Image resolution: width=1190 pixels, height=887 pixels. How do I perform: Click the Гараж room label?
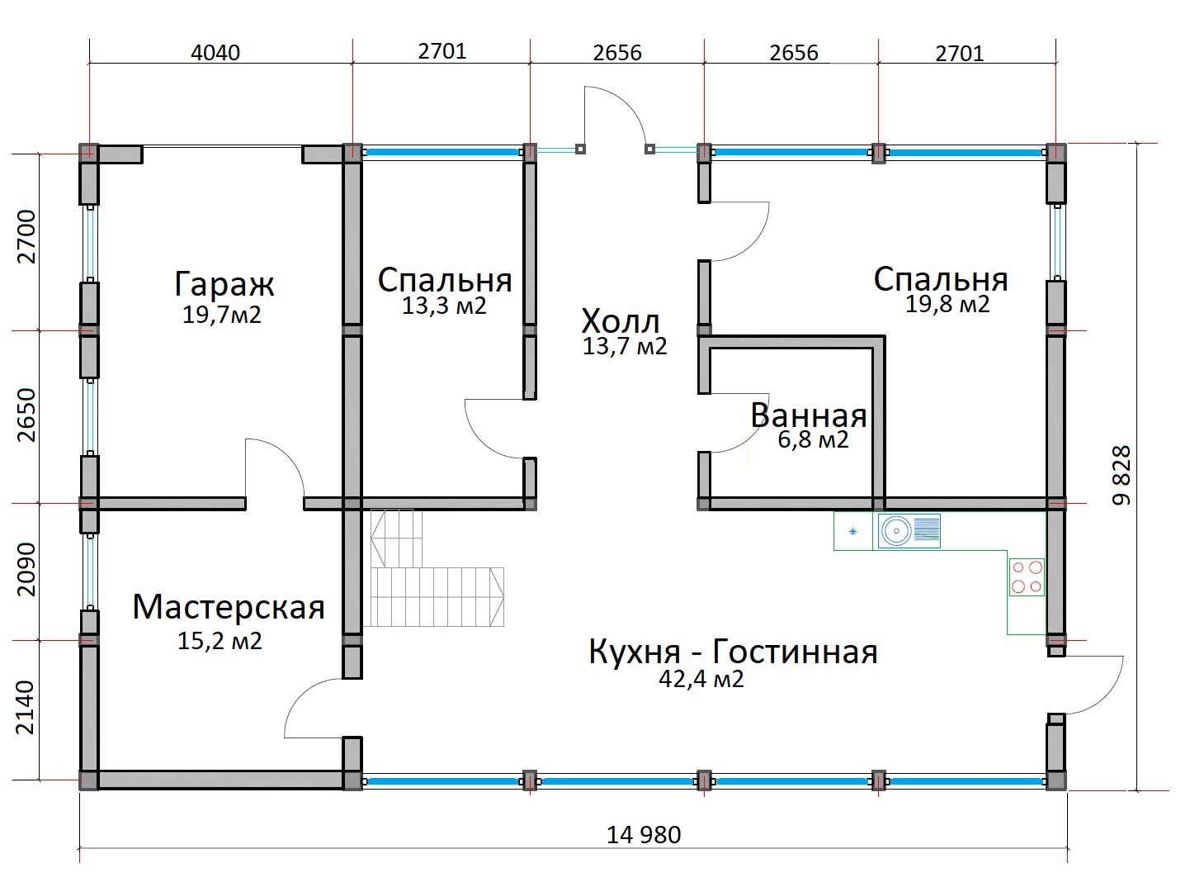click(224, 285)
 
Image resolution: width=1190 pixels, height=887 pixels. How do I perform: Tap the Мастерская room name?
click(229, 608)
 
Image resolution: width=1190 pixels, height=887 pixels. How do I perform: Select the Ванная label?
click(809, 415)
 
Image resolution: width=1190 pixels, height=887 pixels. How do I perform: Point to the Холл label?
click(621, 322)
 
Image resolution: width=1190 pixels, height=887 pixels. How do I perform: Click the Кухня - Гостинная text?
click(733, 652)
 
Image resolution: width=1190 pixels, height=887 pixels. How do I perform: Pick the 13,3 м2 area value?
click(444, 306)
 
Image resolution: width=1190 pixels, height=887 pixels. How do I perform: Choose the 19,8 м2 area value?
click(947, 305)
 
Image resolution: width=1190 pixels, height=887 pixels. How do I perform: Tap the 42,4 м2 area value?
click(701, 679)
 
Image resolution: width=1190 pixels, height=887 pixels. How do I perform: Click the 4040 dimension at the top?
click(215, 53)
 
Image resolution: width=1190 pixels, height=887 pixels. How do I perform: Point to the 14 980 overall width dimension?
click(644, 835)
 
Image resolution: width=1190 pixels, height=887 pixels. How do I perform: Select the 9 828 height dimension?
click(1122, 475)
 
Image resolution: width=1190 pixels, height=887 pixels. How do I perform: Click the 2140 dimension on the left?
click(25, 708)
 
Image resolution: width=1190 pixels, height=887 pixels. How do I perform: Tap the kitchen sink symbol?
click(909, 532)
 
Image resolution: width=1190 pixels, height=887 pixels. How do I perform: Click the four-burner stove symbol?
click(1027, 577)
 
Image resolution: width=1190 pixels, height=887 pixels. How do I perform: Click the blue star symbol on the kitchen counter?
click(853, 532)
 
